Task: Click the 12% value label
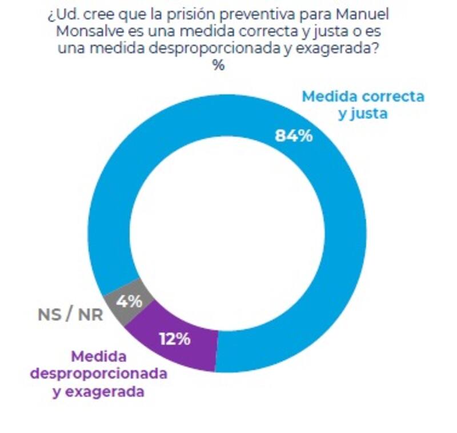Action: coord(174,339)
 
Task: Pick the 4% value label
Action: coord(131,301)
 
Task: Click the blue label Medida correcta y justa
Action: coord(363,105)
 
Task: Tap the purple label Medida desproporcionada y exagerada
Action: coord(98,374)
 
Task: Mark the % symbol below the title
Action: coord(219,65)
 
